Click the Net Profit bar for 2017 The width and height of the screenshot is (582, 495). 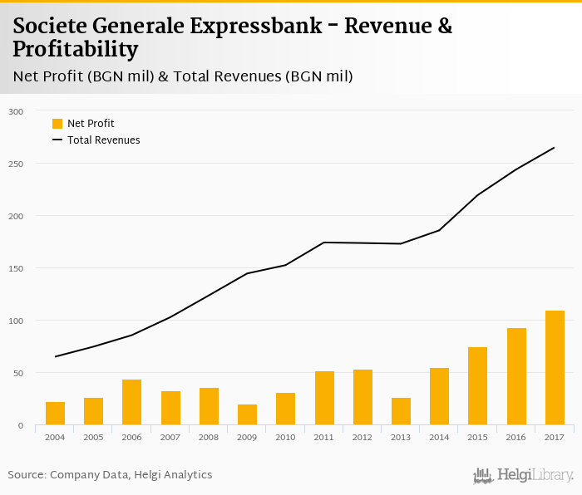pyautogui.click(x=555, y=368)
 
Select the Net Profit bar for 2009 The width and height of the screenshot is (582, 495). pyautogui.click(x=247, y=414)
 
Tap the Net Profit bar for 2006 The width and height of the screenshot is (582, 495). pyautogui.click(x=131, y=402)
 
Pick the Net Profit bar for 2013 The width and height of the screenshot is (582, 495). pyautogui.click(x=401, y=411)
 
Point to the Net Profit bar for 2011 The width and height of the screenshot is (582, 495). pyautogui.click(x=324, y=398)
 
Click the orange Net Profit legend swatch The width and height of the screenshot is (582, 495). pyautogui.click(x=57, y=124)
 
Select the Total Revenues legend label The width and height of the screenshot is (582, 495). pyautogui.click(x=104, y=140)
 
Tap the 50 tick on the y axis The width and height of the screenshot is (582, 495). pyautogui.click(x=17, y=373)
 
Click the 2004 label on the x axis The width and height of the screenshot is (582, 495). pyautogui.click(x=55, y=437)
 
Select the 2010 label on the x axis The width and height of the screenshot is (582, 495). pyautogui.click(x=285, y=437)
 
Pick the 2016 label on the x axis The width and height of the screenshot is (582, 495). pyautogui.click(x=516, y=437)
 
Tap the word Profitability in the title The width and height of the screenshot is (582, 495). pyautogui.click(x=75, y=50)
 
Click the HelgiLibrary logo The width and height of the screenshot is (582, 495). pyautogui.click(x=523, y=476)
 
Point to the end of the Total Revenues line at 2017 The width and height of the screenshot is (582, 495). pyautogui.click(x=554, y=148)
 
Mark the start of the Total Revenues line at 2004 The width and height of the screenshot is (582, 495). pyautogui.click(x=55, y=356)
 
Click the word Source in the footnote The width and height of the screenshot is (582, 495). pyautogui.click(x=25, y=475)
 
